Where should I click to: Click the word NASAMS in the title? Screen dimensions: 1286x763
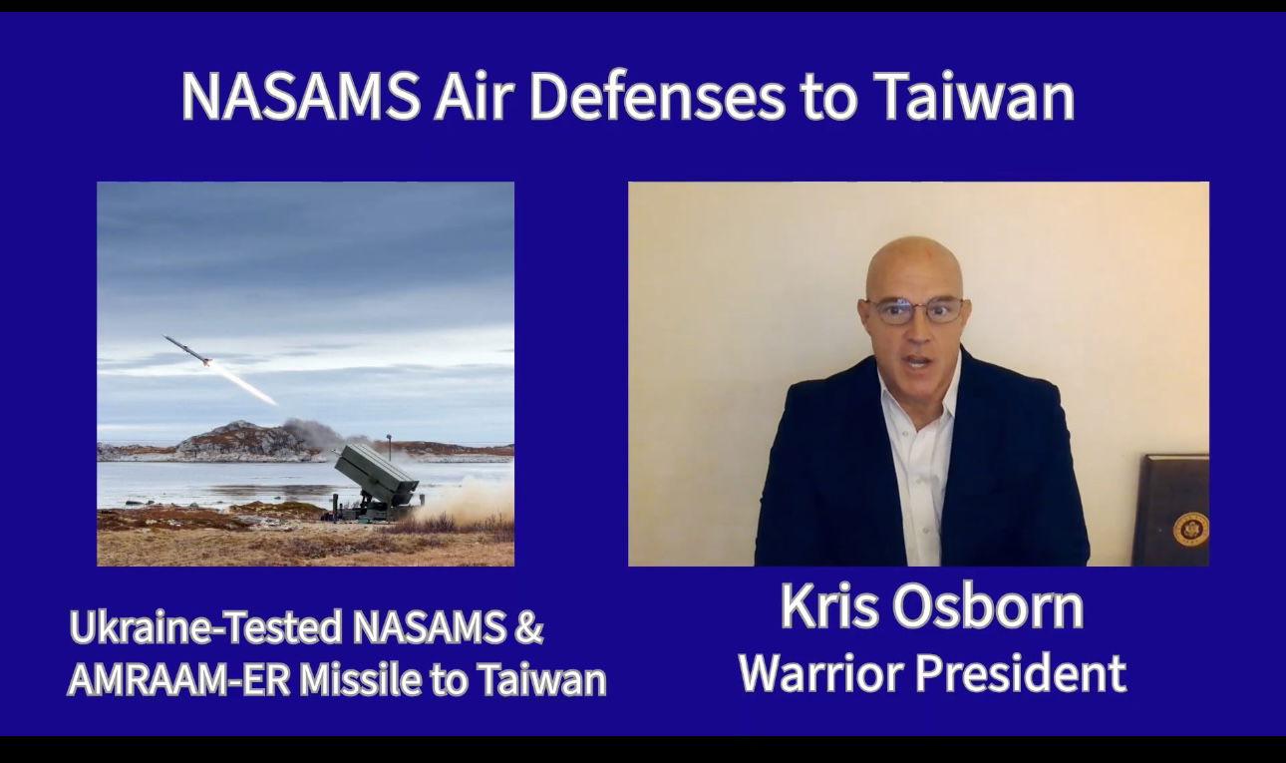pos(300,96)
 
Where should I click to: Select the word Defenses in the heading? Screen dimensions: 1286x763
pos(656,96)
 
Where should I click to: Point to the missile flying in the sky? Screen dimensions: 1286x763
pos(187,350)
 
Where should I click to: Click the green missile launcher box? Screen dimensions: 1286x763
pos(376,475)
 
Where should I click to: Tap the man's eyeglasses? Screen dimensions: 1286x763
pos(915,311)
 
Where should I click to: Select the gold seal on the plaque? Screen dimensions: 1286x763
pos(1190,529)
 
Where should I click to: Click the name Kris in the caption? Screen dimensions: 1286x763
pos(829,606)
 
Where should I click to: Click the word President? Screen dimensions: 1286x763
pos(1021,672)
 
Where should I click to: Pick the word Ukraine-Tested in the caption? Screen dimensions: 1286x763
pos(205,627)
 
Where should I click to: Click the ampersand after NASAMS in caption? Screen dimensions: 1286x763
pos(528,627)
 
